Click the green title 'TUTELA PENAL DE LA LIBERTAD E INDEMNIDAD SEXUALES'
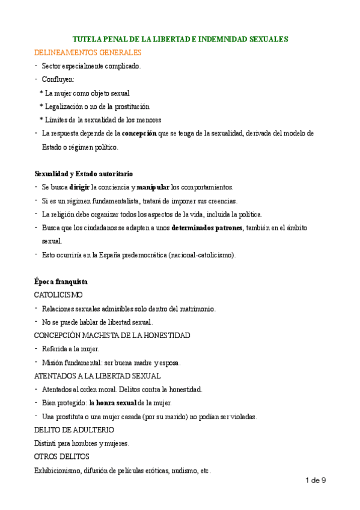(184, 39)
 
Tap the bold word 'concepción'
(139, 133)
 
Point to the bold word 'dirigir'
(79, 187)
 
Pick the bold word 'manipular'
(153, 187)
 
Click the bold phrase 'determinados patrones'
(207, 228)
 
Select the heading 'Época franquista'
(61, 281)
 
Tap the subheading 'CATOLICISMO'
(58, 295)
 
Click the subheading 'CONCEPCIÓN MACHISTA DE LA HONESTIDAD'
(112, 335)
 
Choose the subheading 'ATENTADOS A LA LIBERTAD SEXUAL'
(97, 376)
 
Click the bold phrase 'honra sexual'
(116, 403)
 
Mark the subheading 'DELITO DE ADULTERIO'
(74, 430)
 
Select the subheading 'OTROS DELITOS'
(61, 457)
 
